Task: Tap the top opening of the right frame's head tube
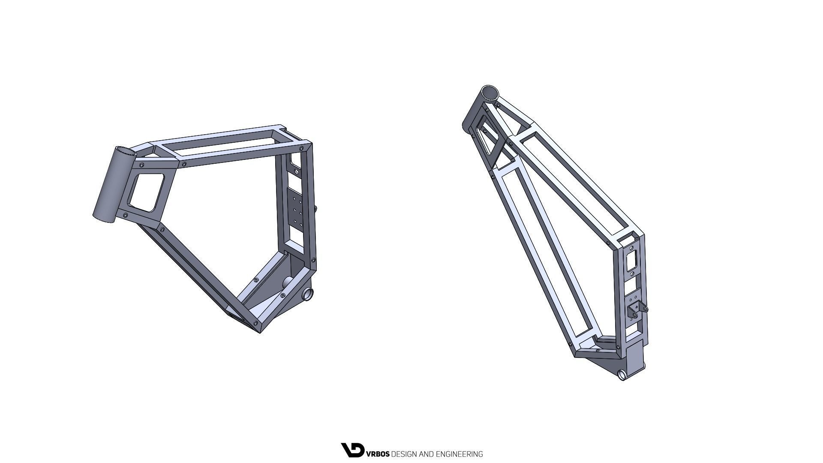490,92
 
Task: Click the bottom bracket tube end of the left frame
308,294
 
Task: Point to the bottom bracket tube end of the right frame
622,376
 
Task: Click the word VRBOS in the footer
378,454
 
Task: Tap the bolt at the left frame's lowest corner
256,323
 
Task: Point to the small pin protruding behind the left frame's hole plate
316,209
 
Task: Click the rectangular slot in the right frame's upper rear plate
632,262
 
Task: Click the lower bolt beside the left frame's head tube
125,215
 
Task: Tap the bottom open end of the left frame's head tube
103,216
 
